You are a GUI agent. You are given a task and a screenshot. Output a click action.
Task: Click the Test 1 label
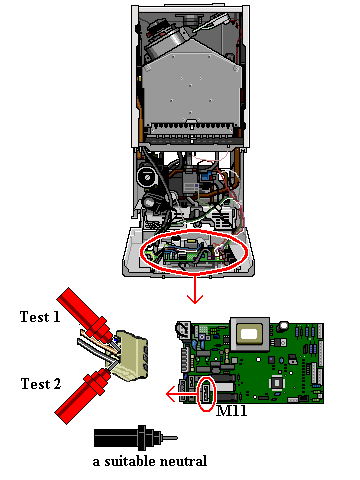tap(40, 317)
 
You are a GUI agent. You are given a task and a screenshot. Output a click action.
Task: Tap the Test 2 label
tap(41, 384)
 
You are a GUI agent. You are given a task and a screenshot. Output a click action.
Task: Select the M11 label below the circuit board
tap(232, 410)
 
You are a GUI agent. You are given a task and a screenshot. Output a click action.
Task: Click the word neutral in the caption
tap(184, 461)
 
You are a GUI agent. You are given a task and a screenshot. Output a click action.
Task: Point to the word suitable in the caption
tap(130, 461)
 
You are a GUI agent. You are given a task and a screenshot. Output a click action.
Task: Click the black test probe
tap(136, 438)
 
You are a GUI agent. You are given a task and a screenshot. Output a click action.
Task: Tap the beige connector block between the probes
tap(131, 356)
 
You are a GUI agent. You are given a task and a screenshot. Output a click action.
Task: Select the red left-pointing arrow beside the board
tap(183, 394)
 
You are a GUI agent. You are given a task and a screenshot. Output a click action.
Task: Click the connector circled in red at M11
tap(206, 393)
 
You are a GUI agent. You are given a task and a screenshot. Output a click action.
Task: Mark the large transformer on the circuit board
tap(249, 334)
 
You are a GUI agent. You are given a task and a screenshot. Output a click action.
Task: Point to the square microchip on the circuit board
tap(277, 382)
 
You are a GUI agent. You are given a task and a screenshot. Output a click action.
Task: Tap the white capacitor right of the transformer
tap(284, 325)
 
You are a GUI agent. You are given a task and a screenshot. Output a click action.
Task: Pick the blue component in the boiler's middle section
tap(206, 176)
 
